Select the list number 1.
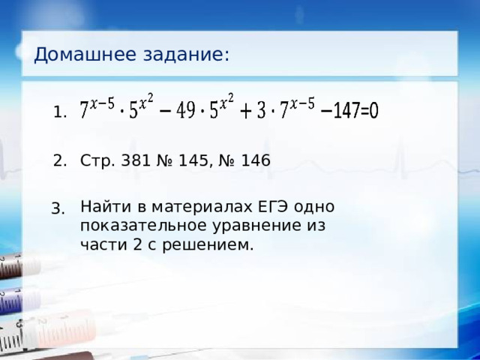tap(61, 113)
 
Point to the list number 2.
tap(61, 160)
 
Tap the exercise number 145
tap(188, 160)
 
